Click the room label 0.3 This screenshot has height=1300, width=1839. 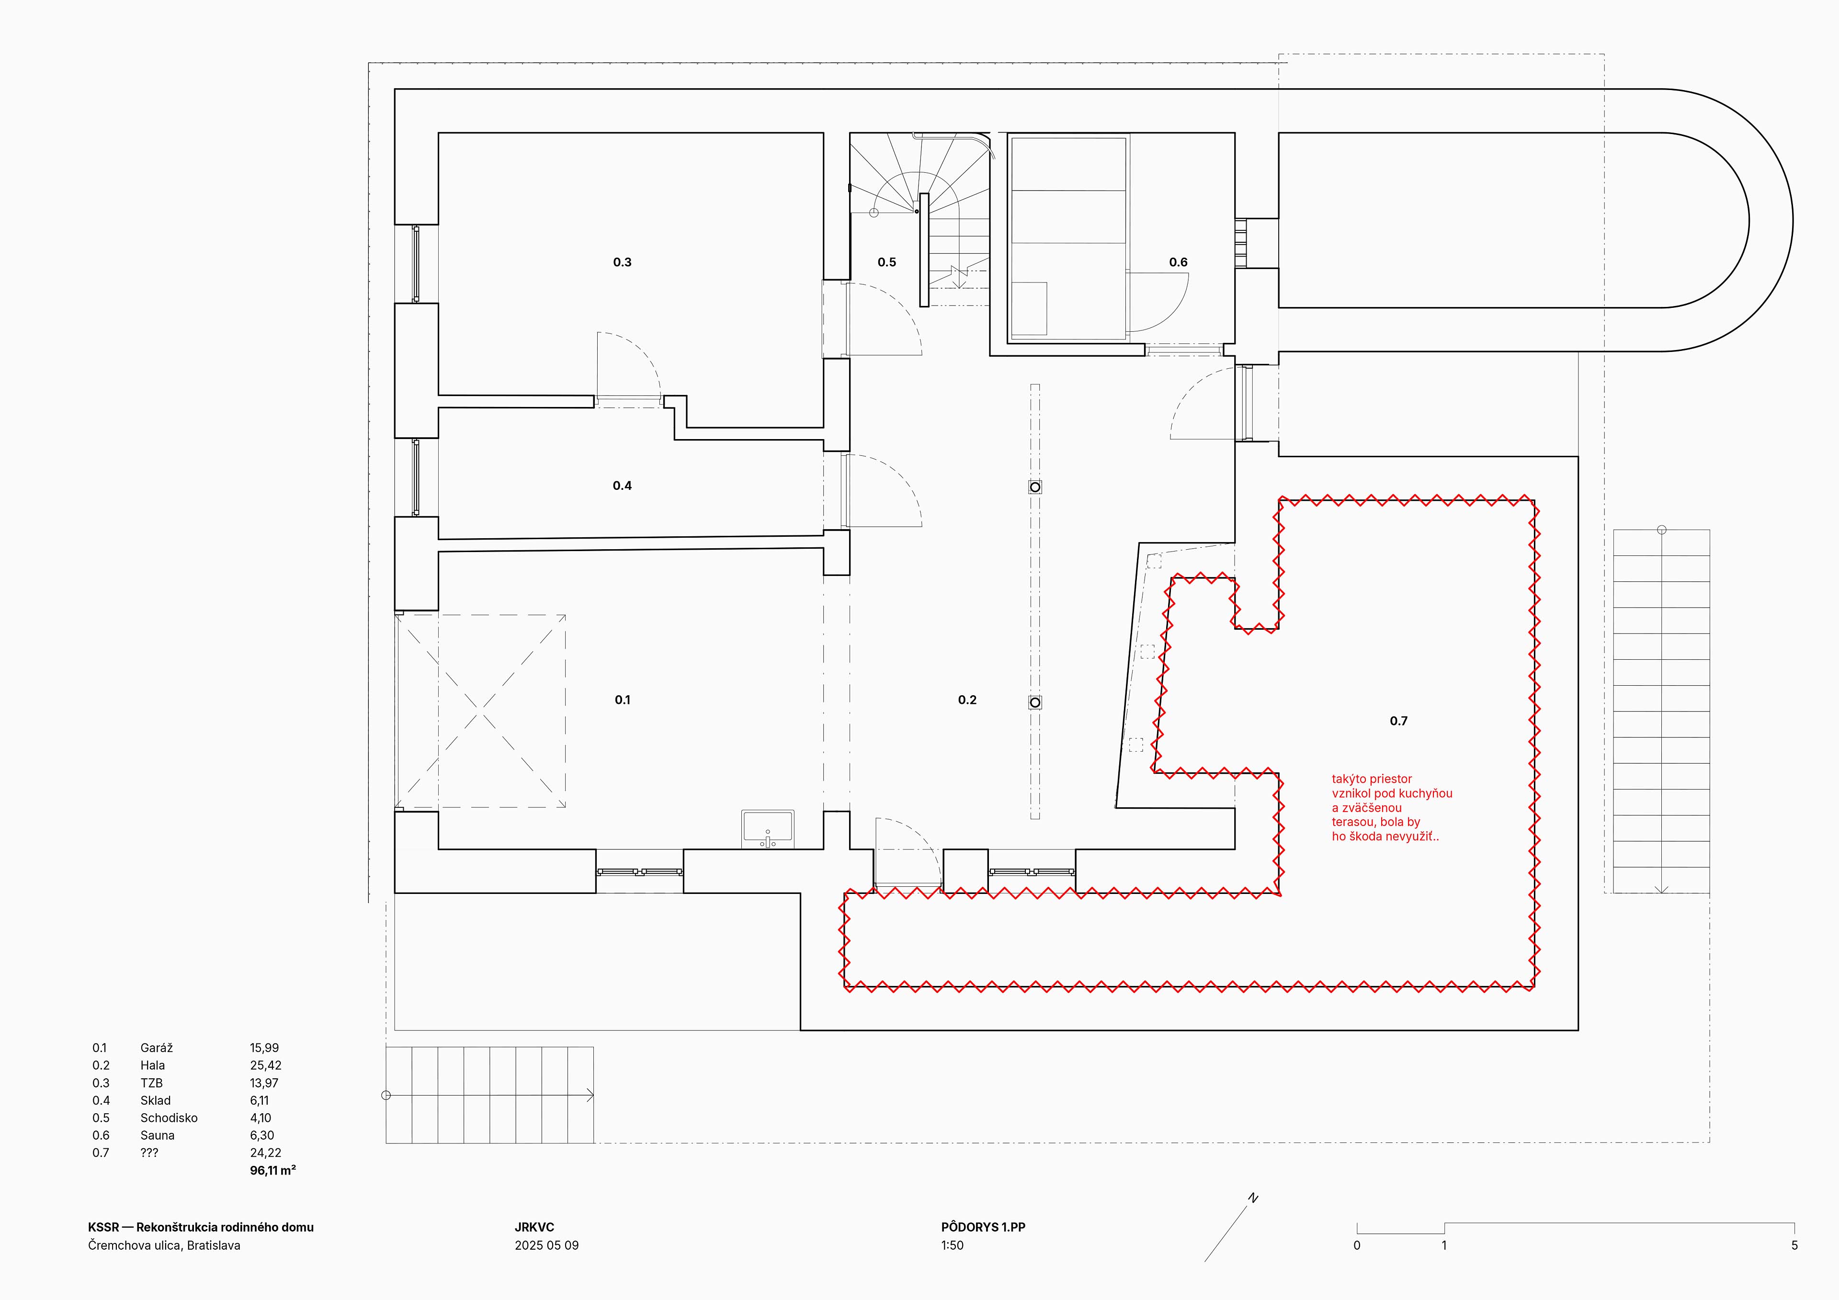pos(623,262)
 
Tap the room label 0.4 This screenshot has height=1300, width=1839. pos(623,486)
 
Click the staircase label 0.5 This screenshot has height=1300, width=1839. pos(886,262)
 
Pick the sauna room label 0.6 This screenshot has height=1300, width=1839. pos(1178,262)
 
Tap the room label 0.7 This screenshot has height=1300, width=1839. pos(1398,721)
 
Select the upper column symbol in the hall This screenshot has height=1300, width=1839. pos(1035,487)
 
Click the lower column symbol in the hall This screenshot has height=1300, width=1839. pos(1035,702)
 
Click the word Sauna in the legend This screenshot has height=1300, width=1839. pos(157,1135)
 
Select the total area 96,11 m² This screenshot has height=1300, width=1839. pos(273,1170)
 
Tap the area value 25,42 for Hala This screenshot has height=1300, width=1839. pos(265,1065)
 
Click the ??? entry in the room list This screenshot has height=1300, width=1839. pos(149,1153)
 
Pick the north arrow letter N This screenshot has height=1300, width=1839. pos(1253,1198)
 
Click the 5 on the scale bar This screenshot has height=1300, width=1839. pos(1794,1245)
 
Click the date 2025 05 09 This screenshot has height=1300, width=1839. pos(547,1245)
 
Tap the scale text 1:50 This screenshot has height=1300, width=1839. pos(953,1245)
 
